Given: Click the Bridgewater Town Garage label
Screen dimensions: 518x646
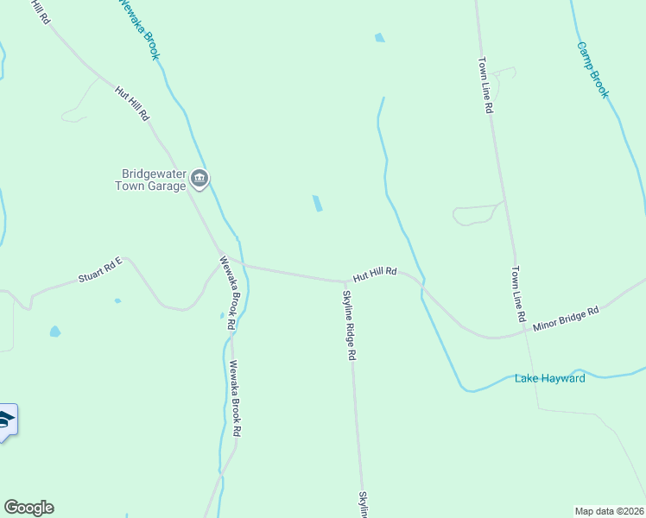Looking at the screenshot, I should (151, 179).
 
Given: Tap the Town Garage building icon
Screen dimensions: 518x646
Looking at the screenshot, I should (200, 179).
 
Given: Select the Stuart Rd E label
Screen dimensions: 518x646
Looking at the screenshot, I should (101, 273).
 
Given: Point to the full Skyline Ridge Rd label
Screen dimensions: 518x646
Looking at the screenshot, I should (348, 325).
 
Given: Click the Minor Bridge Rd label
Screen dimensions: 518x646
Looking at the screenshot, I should (566, 317).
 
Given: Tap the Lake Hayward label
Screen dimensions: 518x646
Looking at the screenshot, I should (550, 378).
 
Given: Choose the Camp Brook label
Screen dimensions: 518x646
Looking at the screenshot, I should (593, 69).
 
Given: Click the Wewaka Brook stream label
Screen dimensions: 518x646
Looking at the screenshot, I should (138, 28).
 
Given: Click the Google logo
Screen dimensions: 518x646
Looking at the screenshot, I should (28, 508).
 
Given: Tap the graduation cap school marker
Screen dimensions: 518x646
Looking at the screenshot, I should (6, 420).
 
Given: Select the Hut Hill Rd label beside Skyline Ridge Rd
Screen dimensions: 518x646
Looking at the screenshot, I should (374, 273).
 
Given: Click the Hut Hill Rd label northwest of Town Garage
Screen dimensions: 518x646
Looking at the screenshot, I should (132, 103).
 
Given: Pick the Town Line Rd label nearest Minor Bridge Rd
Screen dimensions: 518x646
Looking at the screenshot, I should (518, 294).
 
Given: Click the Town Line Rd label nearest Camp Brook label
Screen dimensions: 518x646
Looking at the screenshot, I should (486, 85).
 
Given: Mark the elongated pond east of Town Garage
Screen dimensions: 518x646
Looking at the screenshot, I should (318, 204).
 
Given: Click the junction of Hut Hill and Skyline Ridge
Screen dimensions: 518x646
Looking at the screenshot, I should (345, 281).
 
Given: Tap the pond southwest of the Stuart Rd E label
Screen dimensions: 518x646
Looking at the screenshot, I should (55, 331).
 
